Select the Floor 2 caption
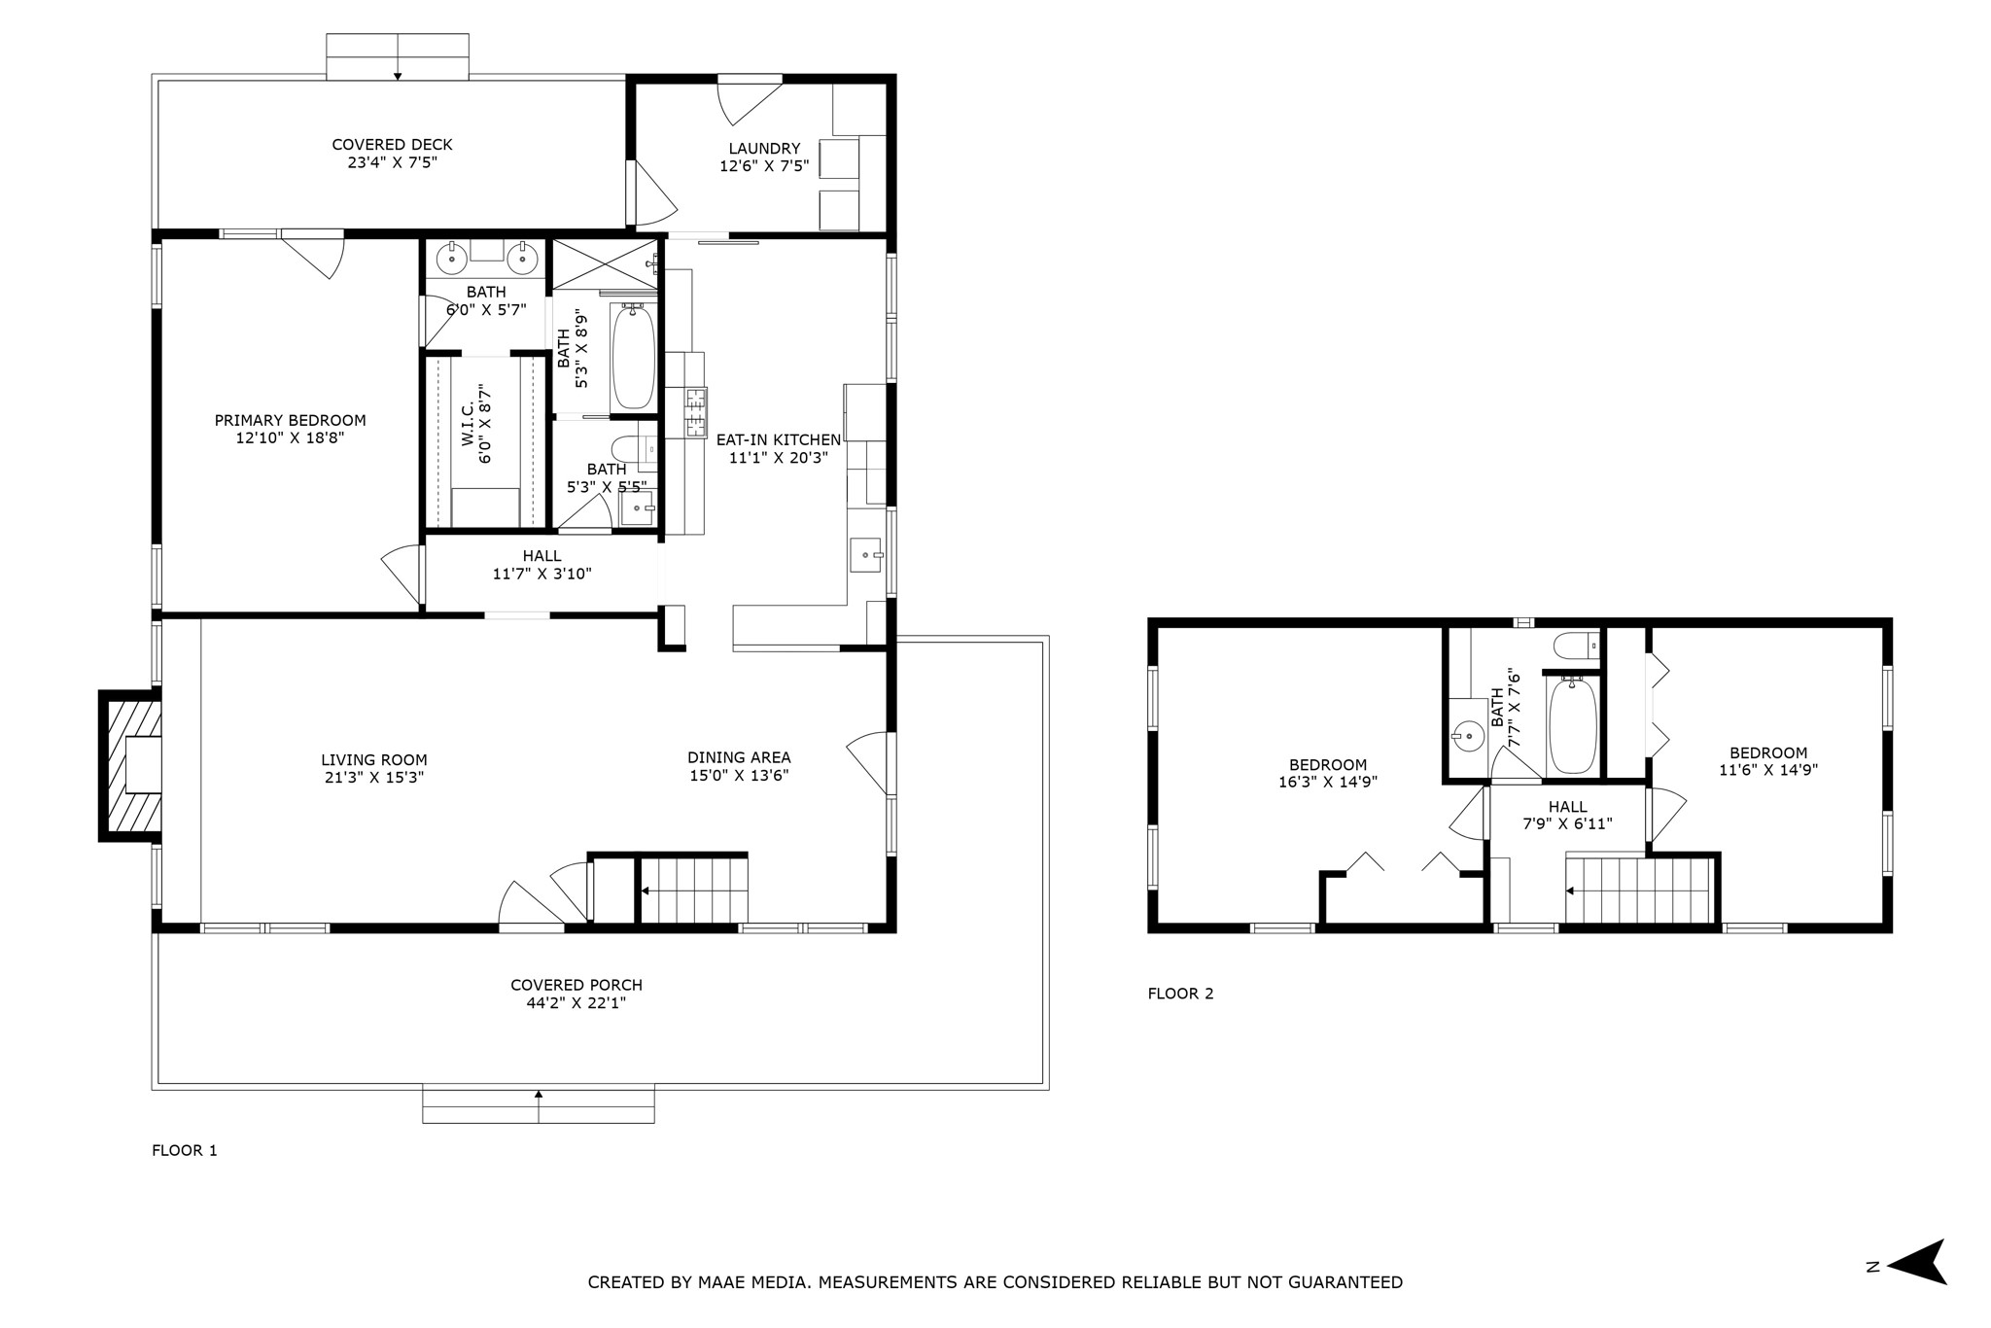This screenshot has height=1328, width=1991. [1180, 994]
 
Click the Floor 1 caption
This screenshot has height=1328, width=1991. [185, 1151]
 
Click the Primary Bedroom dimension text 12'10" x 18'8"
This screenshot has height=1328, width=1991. [291, 438]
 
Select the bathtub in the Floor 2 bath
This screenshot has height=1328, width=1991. [1572, 726]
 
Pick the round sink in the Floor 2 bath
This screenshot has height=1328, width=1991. [1467, 737]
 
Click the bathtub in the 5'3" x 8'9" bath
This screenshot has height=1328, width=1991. [633, 356]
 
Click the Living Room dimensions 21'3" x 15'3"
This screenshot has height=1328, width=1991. [374, 778]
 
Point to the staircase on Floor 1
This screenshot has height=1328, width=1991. [694, 890]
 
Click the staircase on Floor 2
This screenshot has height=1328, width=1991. [1639, 890]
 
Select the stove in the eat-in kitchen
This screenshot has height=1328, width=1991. [696, 413]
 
